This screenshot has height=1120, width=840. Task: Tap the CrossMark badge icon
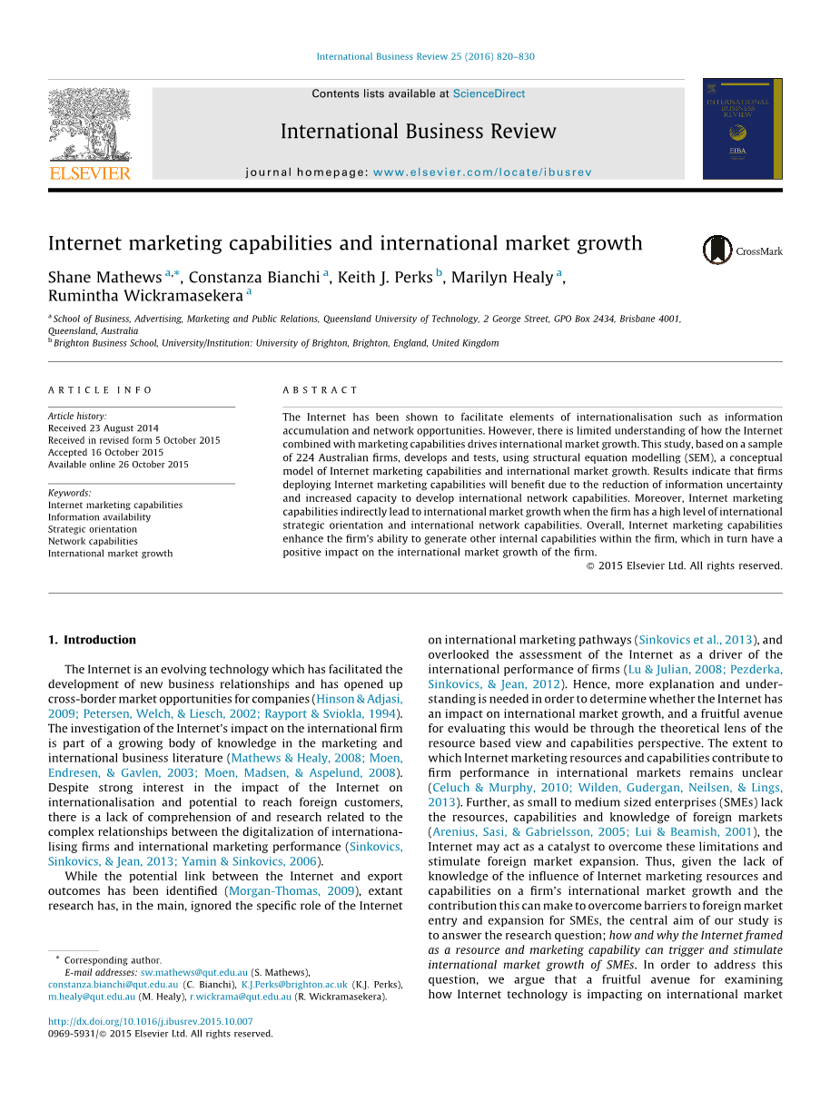click(717, 250)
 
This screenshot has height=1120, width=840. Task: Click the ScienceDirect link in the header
click(489, 93)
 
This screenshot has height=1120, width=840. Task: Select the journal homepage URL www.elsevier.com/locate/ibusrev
click(482, 172)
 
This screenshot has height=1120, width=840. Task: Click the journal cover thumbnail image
click(742, 129)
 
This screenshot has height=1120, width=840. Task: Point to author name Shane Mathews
click(104, 278)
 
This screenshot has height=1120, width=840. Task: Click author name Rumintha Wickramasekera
click(145, 296)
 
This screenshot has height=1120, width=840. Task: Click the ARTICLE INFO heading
click(101, 390)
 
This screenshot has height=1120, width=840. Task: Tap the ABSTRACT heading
click(321, 390)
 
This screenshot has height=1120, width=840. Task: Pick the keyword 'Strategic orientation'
click(93, 529)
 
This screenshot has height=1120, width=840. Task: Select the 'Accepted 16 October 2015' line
click(105, 452)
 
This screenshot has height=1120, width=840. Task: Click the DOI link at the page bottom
click(150, 1021)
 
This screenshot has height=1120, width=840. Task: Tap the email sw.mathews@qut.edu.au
click(194, 972)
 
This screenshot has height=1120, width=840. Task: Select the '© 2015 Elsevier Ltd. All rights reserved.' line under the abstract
click(684, 565)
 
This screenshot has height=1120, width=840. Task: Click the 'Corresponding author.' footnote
click(113, 960)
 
